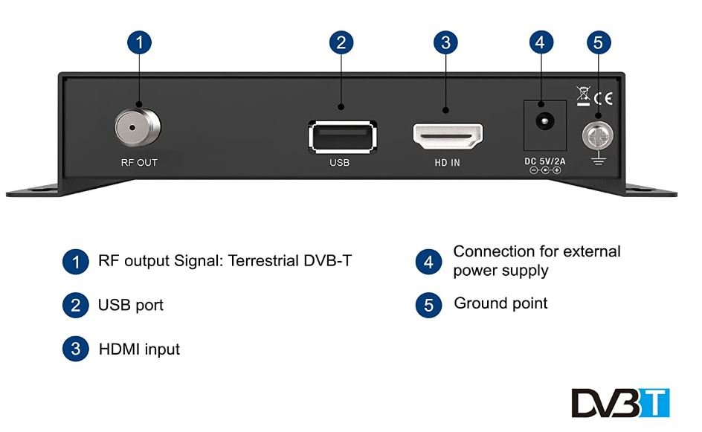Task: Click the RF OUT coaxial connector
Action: pyautogui.click(x=138, y=127)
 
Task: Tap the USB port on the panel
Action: pyautogui.click(x=341, y=137)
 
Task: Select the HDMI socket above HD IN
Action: pyautogui.click(x=447, y=137)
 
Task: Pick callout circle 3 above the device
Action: pyautogui.click(x=445, y=42)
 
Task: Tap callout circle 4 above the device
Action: pyautogui.click(x=541, y=42)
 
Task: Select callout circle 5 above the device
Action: pyautogui.click(x=598, y=42)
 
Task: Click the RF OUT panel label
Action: pyautogui.click(x=138, y=163)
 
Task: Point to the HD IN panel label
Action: pyautogui.click(x=447, y=163)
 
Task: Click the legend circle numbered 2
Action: pyautogui.click(x=74, y=305)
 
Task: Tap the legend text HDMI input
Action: pyautogui.click(x=139, y=349)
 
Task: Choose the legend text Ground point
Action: pyautogui.click(x=500, y=303)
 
